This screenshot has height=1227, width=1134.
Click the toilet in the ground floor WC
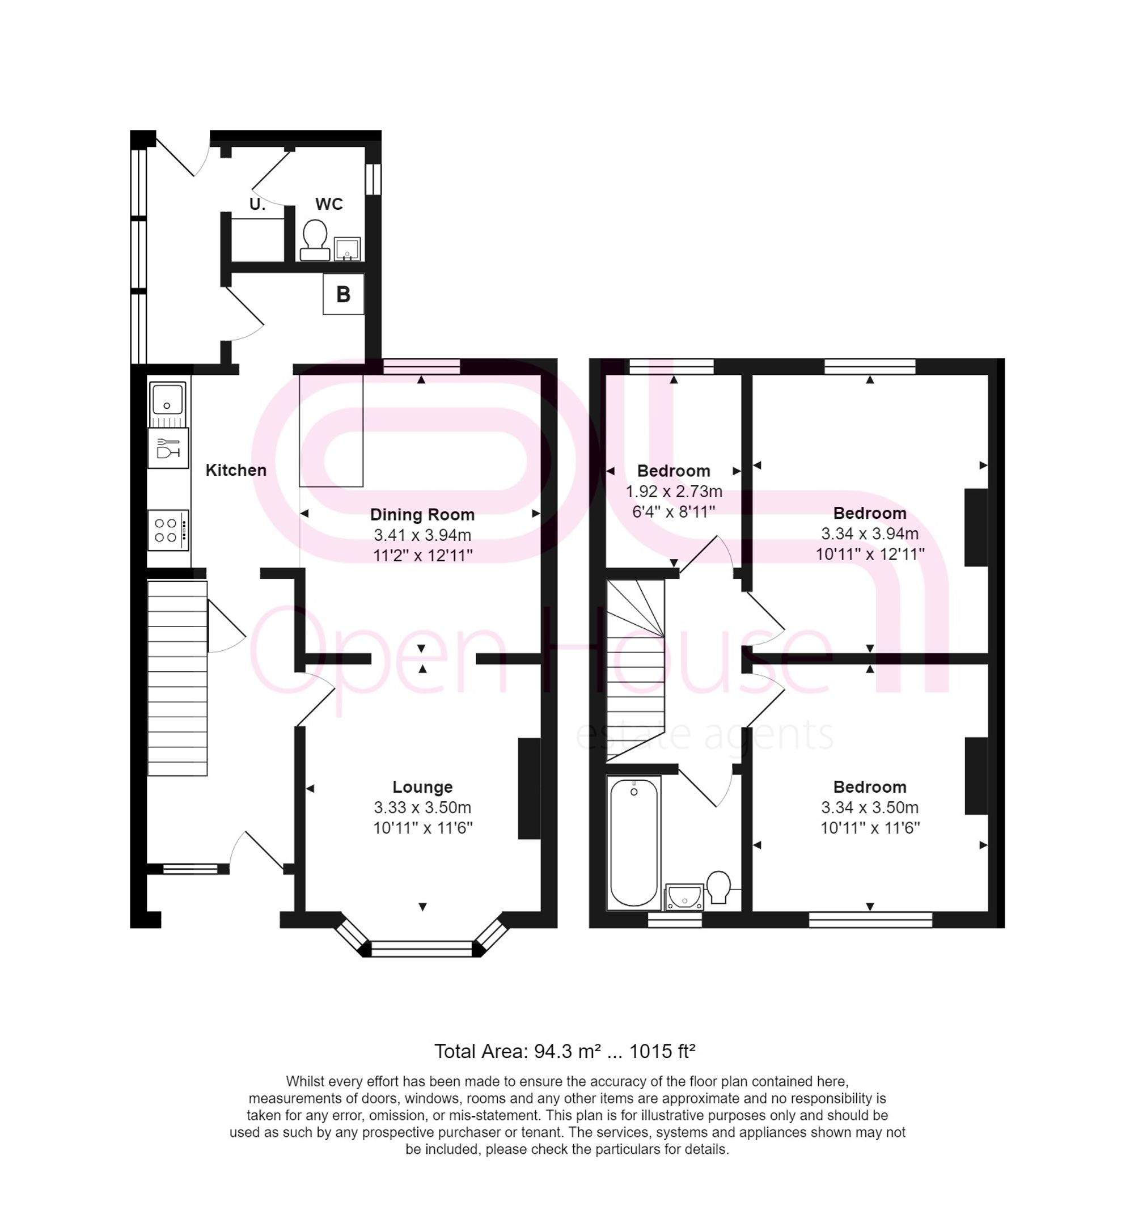[315, 239]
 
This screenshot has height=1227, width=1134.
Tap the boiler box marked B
[344, 294]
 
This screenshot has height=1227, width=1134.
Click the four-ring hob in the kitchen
[167, 530]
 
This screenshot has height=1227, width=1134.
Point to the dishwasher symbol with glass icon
[167, 447]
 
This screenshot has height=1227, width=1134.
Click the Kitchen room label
[236, 470]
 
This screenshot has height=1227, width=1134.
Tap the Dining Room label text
[422, 514]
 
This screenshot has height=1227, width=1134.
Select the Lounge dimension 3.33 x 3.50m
[422, 807]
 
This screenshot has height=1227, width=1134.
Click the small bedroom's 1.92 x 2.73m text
[673, 492]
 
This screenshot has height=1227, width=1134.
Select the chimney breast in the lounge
[529, 788]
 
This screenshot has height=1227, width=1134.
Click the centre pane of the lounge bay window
[422, 949]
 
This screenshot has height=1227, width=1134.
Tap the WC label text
[329, 204]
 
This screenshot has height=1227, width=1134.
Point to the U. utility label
[257, 204]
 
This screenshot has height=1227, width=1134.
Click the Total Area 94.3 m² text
[565, 1052]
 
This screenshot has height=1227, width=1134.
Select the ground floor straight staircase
[177, 678]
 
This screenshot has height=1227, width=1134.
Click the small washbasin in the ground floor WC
[346, 249]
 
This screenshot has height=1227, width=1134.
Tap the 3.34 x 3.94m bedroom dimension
[870, 534]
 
